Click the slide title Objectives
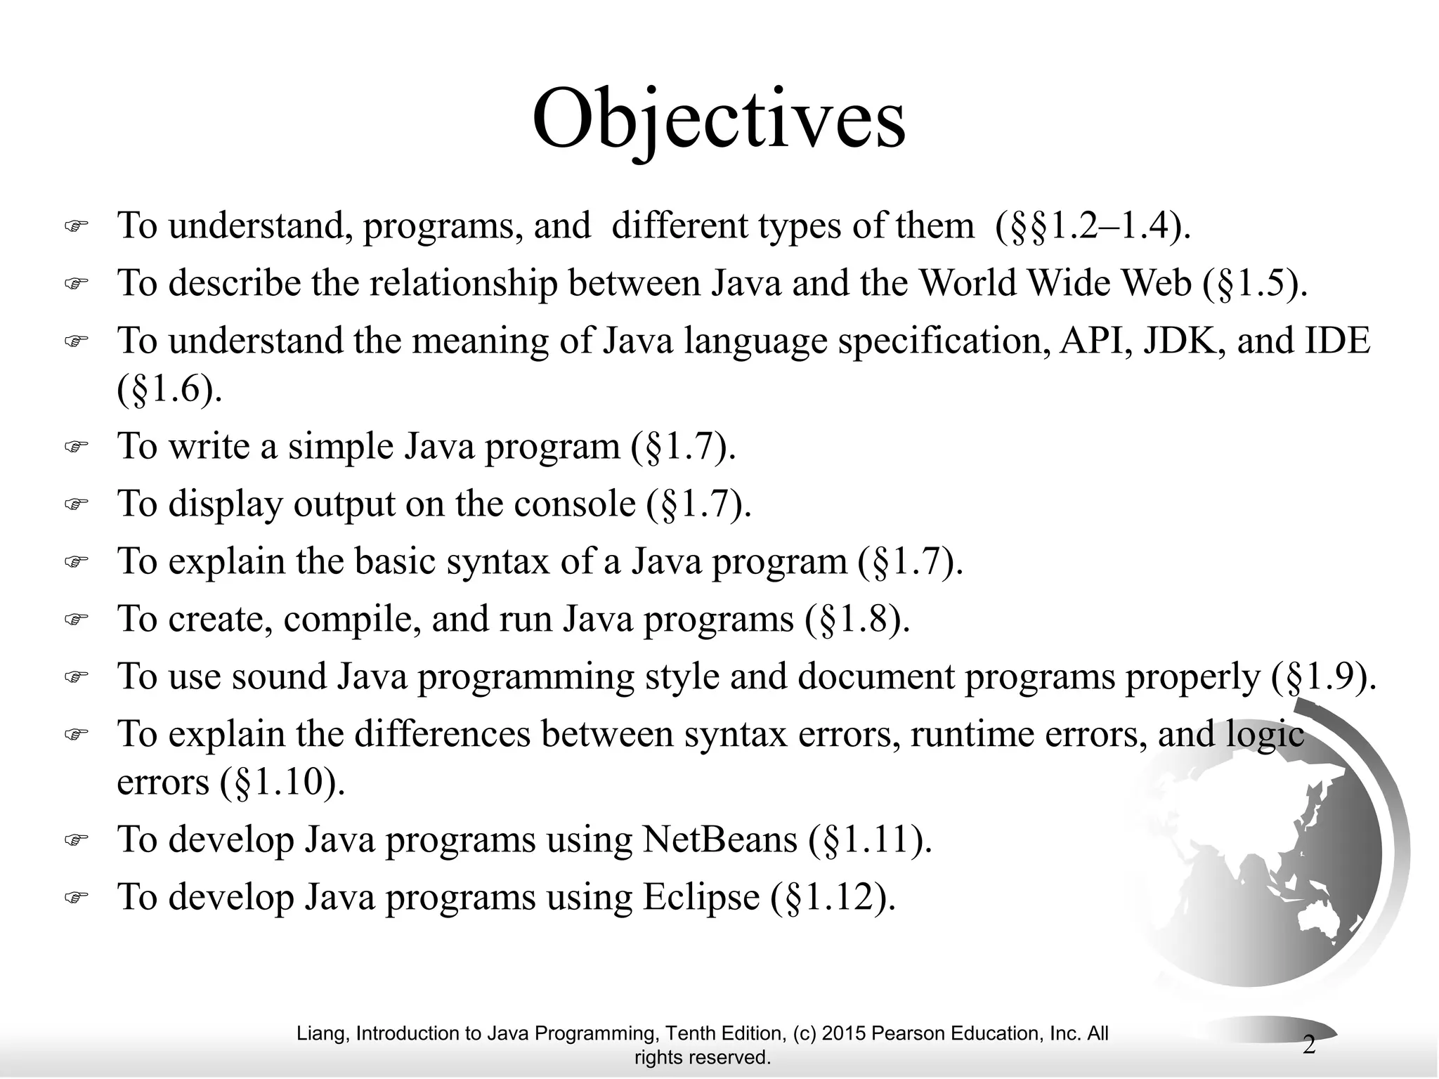pos(719,119)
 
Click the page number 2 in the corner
pos(1309,1045)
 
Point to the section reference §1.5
pos(1255,283)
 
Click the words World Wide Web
pos(1055,283)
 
